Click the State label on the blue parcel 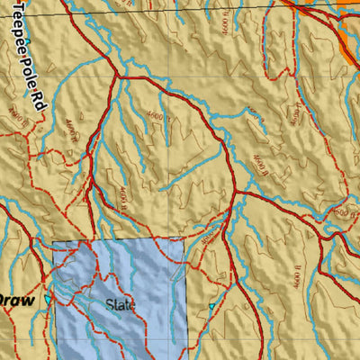tap(119, 305)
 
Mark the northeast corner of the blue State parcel tap(184, 241)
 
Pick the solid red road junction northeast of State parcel tap(236, 191)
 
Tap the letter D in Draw tap(4, 300)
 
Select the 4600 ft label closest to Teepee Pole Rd tap(13, 115)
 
